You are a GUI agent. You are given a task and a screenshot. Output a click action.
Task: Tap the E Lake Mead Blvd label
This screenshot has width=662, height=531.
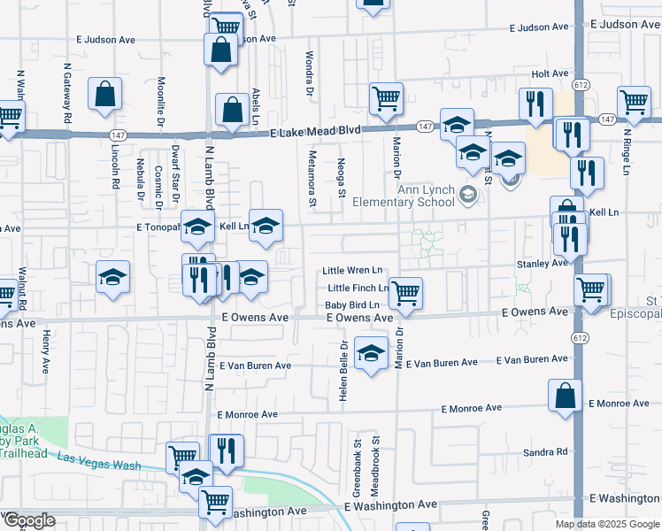pyautogui.click(x=315, y=130)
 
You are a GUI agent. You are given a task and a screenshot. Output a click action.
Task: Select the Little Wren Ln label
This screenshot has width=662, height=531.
pyautogui.click(x=352, y=270)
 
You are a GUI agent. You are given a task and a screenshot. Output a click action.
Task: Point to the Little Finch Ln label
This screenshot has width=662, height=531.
pyautogui.click(x=358, y=289)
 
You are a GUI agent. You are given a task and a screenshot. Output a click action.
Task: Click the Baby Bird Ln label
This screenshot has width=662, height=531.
pyautogui.click(x=351, y=305)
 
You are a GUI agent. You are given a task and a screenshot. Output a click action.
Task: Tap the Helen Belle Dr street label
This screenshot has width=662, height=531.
pyautogui.click(x=342, y=369)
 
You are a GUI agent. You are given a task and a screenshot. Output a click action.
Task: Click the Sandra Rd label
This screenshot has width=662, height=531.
pyautogui.click(x=544, y=452)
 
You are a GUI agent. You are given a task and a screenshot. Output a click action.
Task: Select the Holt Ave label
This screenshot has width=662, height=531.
pyautogui.click(x=549, y=74)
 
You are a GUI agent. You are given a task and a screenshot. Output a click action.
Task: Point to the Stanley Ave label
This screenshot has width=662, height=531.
pyautogui.click(x=541, y=263)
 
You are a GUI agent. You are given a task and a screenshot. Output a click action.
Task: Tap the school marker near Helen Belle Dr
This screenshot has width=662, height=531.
pyautogui.click(x=370, y=352)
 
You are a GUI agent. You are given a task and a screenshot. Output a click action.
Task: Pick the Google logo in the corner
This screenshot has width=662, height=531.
pyautogui.click(x=28, y=520)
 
